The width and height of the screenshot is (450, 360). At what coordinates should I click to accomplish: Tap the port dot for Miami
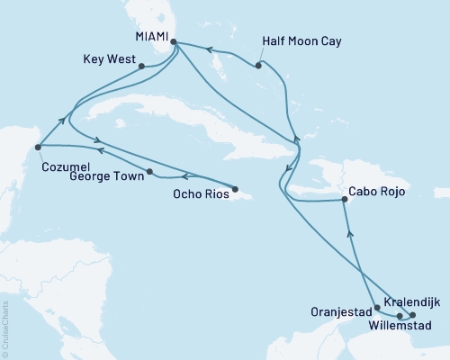coord(173,41)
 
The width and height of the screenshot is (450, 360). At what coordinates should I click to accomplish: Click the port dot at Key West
coord(141,65)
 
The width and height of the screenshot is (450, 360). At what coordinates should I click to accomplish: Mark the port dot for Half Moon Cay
coord(258,65)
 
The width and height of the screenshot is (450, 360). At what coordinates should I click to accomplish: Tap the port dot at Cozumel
coord(38,147)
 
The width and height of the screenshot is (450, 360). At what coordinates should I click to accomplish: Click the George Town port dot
coord(149,171)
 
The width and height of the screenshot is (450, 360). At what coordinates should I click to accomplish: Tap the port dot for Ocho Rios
coord(235,189)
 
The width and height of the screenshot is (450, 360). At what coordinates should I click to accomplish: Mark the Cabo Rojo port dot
coord(346,201)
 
